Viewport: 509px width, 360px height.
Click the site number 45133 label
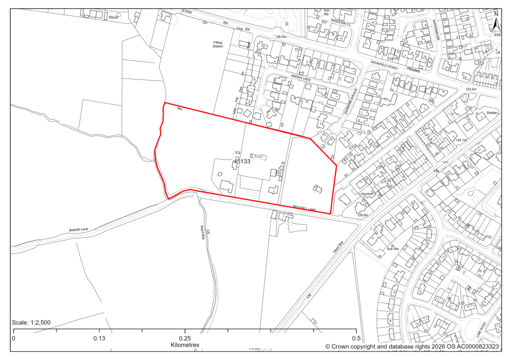tap(241, 161)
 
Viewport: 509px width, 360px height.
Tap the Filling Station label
tap(219, 45)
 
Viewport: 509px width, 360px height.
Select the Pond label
tap(112, 17)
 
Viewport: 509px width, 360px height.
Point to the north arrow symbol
tap(495, 23)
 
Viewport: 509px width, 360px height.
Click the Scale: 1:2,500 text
tap(31, 323)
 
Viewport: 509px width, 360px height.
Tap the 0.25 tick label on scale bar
tap(185, 338)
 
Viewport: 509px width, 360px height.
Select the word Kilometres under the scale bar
tap(185, 345)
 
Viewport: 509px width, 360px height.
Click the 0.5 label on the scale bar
tap(355, 338)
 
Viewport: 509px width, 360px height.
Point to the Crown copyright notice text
tap(412, 347)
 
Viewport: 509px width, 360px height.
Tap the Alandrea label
tap(368, 194)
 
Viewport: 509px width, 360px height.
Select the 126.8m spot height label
tap(363, 215)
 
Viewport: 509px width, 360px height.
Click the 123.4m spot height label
tap(471, 89)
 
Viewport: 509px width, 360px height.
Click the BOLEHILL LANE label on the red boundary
tap(304, 208)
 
